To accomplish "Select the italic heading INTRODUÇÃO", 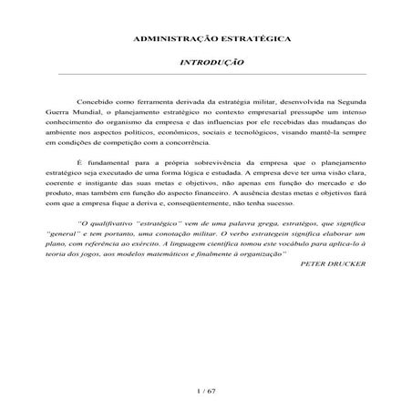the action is [x=211, y=65].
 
